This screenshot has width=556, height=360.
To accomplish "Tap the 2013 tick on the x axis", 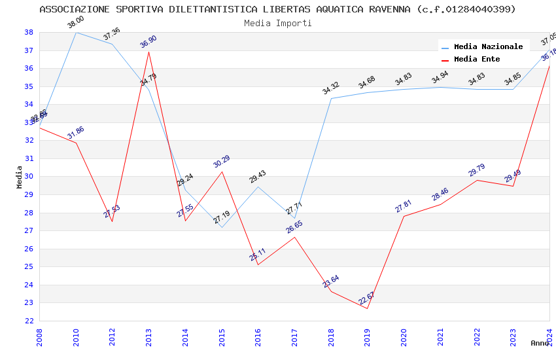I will pyautogui.click(x=148, y=333).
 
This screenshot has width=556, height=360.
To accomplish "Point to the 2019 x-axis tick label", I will pyautogui.click(x=368, y=333).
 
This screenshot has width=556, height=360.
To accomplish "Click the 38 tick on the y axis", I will pyautogui.click(x=29, y=32).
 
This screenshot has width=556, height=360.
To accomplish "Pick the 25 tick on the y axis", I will pyautogui.click(x=29, y=267).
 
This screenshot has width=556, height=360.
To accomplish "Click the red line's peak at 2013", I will pyautogui.click(x=148, y=52).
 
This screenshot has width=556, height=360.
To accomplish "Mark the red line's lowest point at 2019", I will pyautogui.click(x=368, y=309).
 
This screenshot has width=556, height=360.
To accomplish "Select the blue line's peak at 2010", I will pyautogui.click(x=76, y=32).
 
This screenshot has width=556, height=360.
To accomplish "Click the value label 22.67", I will pyautogui.click(x=367, y=298).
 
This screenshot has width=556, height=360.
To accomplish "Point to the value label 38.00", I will pyautogui.click(x=76, y=23).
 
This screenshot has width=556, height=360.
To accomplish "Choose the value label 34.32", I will pyautogui.click(x=331, y=88).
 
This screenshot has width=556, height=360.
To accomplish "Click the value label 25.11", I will pyautogui.click(x=258, y=255).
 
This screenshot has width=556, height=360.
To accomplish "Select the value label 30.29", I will pyautogui.click(x=222, y=162).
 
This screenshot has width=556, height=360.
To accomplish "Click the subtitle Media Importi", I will pyautogui.click(x=278, y=24).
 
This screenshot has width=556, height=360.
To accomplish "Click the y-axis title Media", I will pyautogui.click(x=20, y=177).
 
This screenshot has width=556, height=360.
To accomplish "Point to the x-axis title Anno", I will pyautogui.click(x=540, y=343).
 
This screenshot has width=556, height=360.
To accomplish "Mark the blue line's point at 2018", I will pyautogui.click(x=331, y=99).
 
